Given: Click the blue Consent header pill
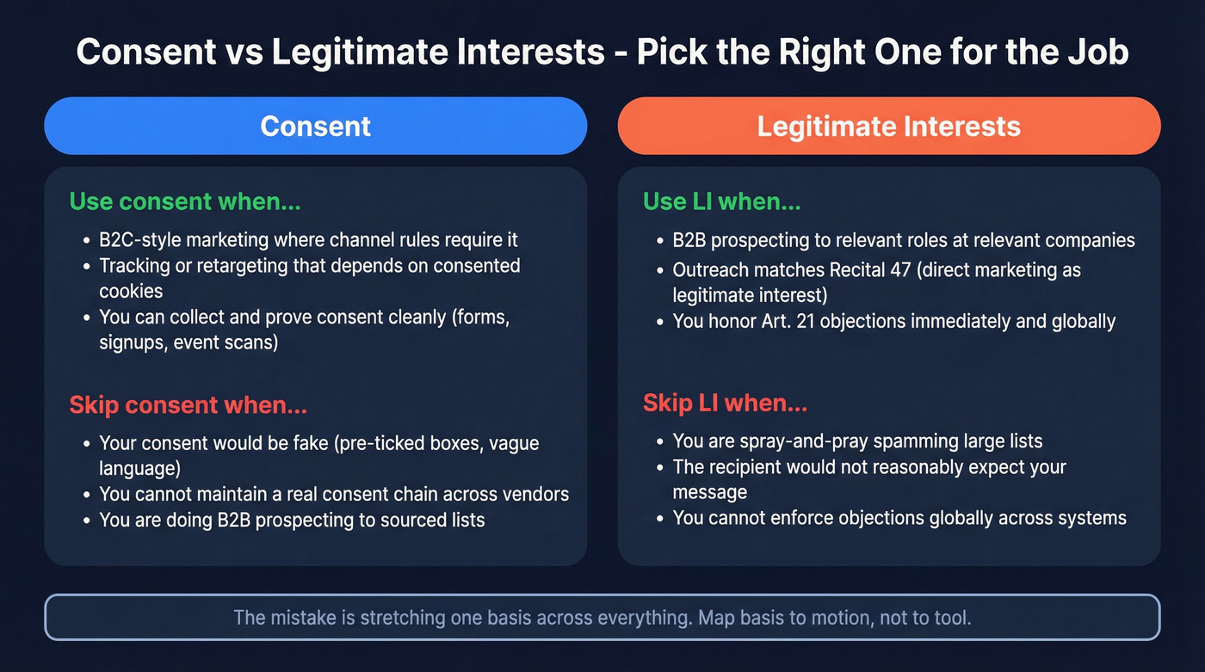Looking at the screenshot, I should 315,126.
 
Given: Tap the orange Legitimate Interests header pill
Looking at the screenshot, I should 888,126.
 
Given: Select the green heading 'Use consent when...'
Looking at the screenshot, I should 184,201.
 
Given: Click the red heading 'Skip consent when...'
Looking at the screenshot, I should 188,404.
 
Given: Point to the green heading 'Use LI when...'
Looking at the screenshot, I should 721,201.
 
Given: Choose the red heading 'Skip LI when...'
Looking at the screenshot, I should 725,403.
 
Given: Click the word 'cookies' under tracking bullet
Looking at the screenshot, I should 130,292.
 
